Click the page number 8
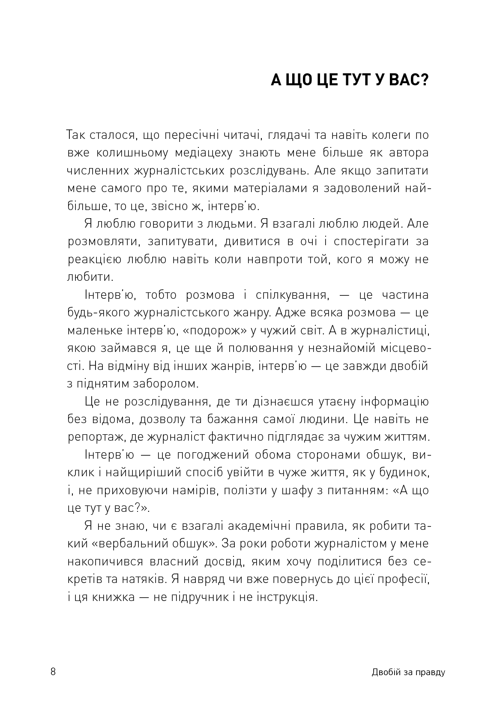53,671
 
